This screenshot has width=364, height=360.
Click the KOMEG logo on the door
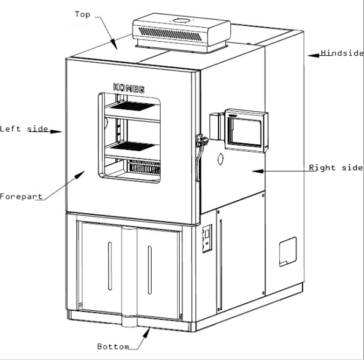point(129,88)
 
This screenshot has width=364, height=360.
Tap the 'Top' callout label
point(83,14)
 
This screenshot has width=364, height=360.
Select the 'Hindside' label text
point(342,53)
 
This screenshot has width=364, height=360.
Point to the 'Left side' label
point(24,129)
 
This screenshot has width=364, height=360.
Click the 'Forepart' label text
point(21,197)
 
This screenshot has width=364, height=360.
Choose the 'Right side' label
point(336,168)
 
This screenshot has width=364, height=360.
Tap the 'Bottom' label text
point(113,346)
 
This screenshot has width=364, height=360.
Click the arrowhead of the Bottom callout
point(147,333)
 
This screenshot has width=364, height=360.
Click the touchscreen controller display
point(244,132)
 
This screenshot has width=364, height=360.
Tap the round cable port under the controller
point(220,159)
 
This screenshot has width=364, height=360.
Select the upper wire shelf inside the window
point(133,106)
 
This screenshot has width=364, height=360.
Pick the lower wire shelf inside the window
point(133,146)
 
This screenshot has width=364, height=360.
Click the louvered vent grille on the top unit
point(170,34)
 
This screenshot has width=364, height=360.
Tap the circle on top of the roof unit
point(181,21)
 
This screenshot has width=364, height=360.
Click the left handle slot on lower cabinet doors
point(110,266)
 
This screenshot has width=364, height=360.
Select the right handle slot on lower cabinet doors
point(150,270)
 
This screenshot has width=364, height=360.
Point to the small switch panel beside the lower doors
point(207,238)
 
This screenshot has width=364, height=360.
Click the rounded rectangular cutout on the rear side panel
point(288,252)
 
